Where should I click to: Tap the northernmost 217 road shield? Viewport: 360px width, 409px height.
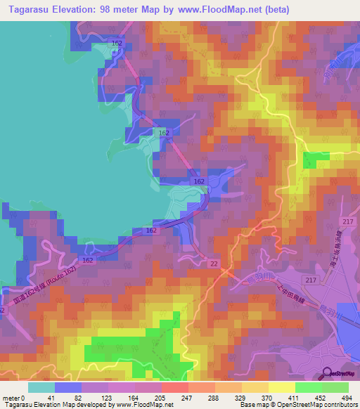click(349, 222)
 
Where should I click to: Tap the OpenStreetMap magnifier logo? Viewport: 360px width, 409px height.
click(328, 372)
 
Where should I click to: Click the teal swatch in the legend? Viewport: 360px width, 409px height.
click(41, 387)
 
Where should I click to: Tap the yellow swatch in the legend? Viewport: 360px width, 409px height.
click(281, 387)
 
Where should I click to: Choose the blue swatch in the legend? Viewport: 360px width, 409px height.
click(68, 387)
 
